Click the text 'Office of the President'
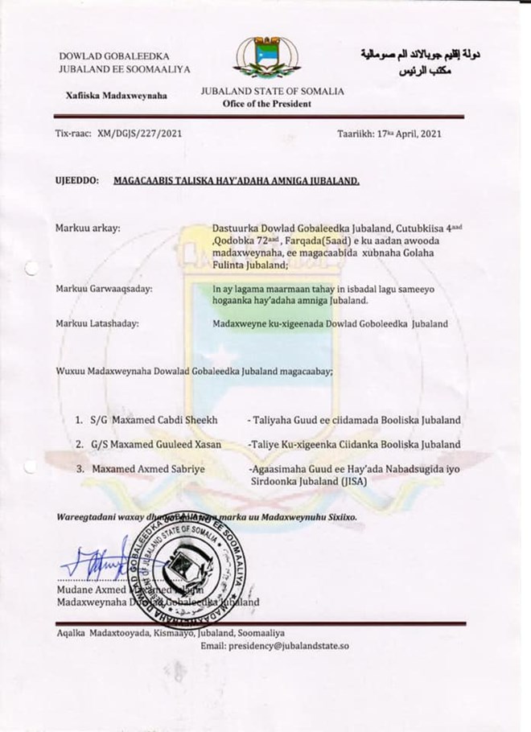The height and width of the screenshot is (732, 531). click(x=273, y=105)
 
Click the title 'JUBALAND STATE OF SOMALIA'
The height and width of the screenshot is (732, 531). click(x=273, y=91)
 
